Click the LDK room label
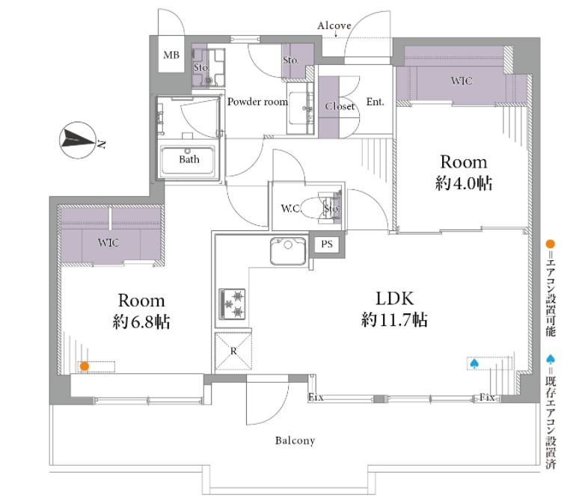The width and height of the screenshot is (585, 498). (x=394, y=299)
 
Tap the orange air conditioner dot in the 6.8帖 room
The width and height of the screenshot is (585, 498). (x=85, y=366)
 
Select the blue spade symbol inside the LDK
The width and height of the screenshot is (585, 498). (x=474, y=363)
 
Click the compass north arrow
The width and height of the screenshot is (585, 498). (x=79, y=140)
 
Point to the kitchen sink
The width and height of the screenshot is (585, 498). (x=288, y=250)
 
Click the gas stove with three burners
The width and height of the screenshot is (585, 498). (x=232, y=304)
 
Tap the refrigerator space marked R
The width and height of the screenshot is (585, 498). (x=233, y=351)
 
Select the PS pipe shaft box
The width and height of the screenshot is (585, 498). (x=327, y=245)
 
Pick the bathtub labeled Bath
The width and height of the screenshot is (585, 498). (x=188, y=160)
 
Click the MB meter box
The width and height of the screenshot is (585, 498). (x=171, y=55)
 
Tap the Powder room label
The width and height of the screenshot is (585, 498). (x=257, y=102)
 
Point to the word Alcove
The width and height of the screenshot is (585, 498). (x=334, y=25)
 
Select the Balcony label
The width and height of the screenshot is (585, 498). (x=295, y=440)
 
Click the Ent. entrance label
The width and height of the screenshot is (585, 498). (x=375, y=102)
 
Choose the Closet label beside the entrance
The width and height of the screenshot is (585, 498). (x=340, y=106)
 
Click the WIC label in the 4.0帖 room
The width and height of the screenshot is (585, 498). (x=462, y=81)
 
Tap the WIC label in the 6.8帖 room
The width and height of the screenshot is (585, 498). (x=108, y=242)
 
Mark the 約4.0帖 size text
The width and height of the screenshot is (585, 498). (x=463, y=183)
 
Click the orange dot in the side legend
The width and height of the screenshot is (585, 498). (x=551, y=245)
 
